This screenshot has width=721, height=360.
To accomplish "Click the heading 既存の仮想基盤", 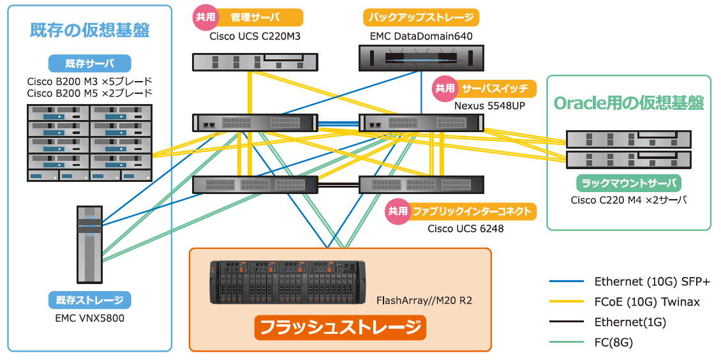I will point(89,30).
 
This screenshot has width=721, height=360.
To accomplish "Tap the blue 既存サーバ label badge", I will point(89,63).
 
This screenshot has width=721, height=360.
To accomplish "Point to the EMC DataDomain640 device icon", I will point(421,60).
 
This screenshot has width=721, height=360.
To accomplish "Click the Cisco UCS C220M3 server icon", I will point(255,61).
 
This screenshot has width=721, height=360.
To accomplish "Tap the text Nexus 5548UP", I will point(489,105).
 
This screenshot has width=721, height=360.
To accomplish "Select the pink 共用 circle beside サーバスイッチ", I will point(445,89).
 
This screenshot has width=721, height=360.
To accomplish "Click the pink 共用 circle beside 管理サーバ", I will point(205,17).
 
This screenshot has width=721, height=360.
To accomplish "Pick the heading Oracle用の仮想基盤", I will point(628,103).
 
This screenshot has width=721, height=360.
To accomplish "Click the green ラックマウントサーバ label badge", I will point(628,183).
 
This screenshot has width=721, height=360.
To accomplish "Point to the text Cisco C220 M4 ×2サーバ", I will point(628,200).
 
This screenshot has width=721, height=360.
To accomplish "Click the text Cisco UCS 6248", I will point(465,228).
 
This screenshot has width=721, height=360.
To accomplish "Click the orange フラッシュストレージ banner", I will point(340,327).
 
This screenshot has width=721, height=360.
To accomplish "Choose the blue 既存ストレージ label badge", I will point(89,299).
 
